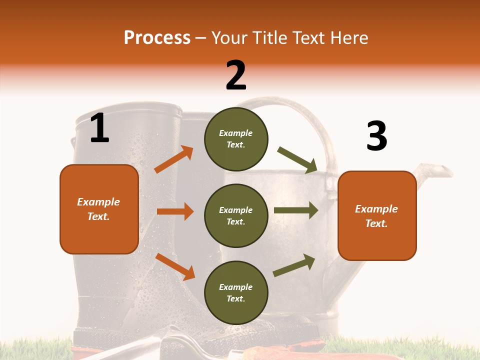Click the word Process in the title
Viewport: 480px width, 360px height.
pos(157,37)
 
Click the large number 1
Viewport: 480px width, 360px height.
pos(99,128)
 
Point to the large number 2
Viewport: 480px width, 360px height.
pos(236,75)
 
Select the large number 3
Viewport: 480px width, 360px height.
pos(376,136)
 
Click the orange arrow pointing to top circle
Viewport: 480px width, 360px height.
pos(174,159)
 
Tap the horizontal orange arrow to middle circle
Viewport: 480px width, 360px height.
pos(175,211)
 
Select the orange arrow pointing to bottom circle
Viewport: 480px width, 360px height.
pos(175,266)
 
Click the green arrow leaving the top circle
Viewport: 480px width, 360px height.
pos(297,160)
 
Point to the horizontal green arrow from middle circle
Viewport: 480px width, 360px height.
pos(295,210)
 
